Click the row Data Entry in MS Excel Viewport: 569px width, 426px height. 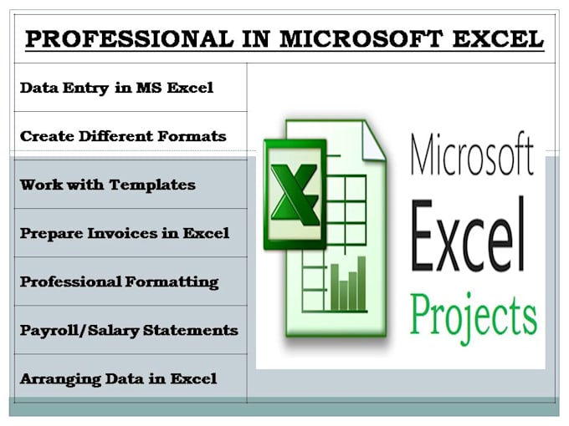click(115, 88)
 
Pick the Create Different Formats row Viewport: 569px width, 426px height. click(122, 135)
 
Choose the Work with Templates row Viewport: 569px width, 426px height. click(107, 184)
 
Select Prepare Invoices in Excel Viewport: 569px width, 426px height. click(124, 233)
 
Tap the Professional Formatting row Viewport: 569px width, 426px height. click(119, 281)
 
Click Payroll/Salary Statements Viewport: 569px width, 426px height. click(128, 330)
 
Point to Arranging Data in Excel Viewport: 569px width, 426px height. click(117, 378)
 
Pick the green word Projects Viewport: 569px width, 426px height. click(473, 316)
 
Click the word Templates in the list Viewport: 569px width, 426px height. click(157, 184)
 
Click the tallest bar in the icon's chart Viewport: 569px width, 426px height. click(361, 280)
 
